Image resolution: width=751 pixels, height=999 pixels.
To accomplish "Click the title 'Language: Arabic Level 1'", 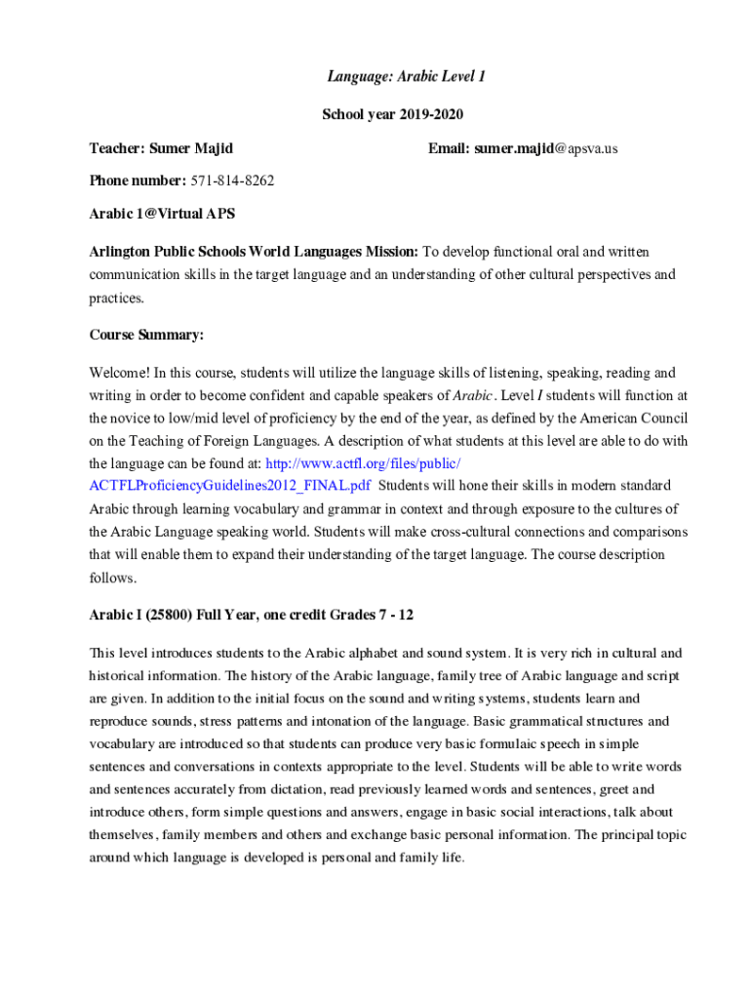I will click(392, 76).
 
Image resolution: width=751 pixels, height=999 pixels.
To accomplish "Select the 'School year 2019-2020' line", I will click(392, 114).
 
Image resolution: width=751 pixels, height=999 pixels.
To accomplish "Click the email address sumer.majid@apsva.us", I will click(546, 148).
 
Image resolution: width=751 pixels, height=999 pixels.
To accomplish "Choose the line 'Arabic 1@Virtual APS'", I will click(162, 213).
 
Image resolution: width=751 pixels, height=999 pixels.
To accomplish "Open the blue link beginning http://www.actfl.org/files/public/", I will click(363, 462).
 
